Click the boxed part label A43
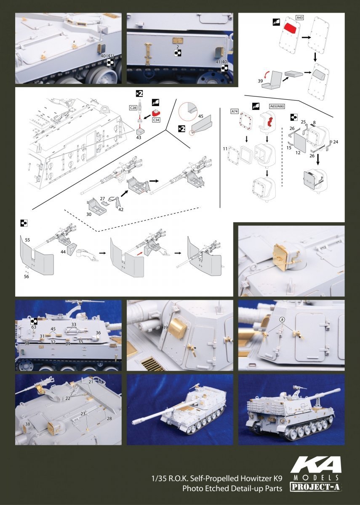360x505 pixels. (x=299, y=17)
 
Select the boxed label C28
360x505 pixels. (x=133, y=108)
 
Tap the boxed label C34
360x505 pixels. (x=156, y=120)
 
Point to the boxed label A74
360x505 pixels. (x=235, y=112)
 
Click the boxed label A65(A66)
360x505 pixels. (x=277, y=106)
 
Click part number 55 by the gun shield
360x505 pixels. (x=27, y=240)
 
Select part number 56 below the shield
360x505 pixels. (x=27, y=276)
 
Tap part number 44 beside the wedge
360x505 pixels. (x=63, y=252)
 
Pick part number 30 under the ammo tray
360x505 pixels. (x=89, y=214)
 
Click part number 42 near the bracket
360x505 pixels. (x=121, y=210)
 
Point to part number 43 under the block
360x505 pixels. (x=139, y=137)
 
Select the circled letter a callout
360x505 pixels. (x=282, y=319)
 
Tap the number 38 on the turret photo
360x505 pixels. (x=27, y=424)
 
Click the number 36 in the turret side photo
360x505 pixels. (x=98, y=333)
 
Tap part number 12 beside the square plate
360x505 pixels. (x=298, y=153)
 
